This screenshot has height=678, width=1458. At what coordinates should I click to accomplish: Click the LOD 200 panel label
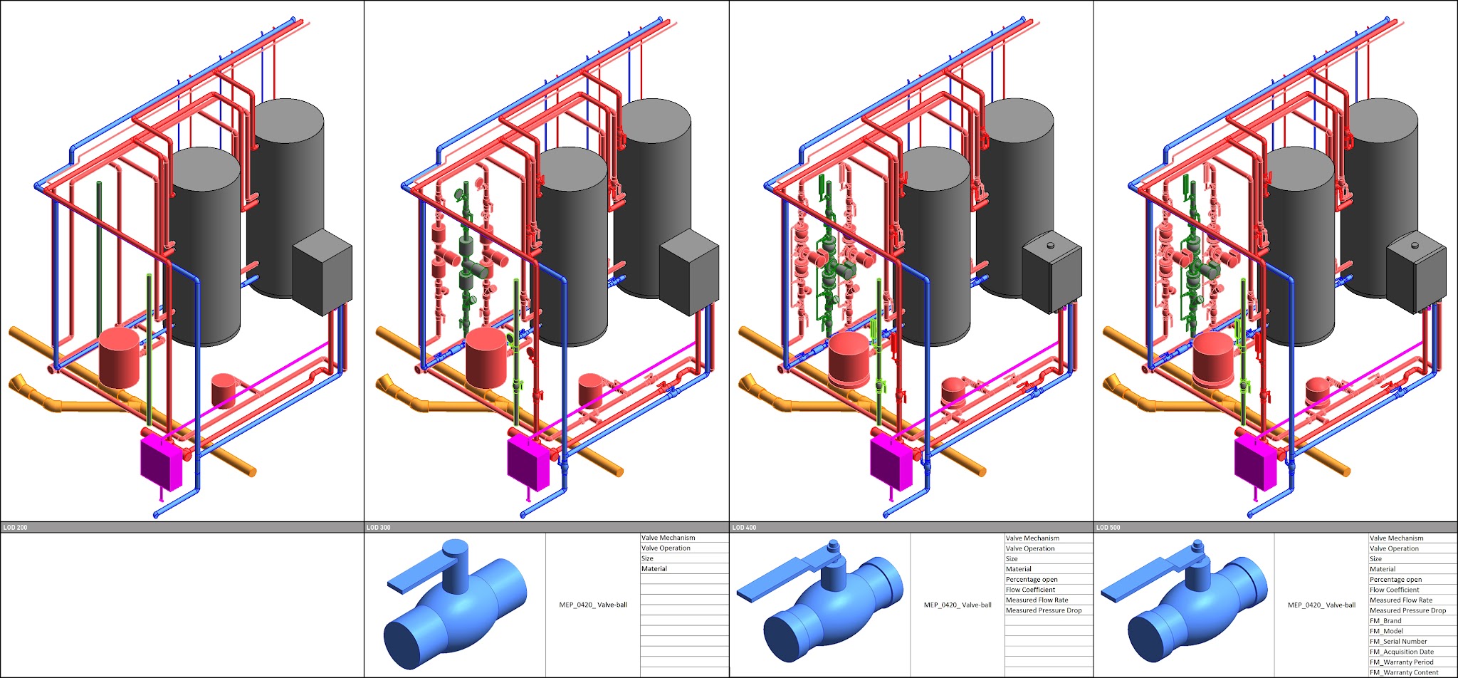click(x=15, y=528)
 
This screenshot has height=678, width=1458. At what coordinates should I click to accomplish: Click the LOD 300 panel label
click(x=378, y=528)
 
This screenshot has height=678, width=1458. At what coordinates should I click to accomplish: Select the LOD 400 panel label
click(x=744, y=528)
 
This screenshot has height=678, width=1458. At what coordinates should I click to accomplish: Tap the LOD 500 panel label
click(x=1108, y=528)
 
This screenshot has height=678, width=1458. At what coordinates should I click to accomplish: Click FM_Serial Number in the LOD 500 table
click(x=1398, y=642)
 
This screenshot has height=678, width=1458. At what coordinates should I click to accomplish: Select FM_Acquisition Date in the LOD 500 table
click(x=1402, y=652)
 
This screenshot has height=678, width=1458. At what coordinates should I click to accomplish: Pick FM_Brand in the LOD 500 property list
click(x=1385, y=621)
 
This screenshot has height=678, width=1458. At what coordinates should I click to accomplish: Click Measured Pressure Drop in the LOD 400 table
click(x=1044, y=610)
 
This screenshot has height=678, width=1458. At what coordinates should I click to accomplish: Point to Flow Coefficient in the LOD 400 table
click(x=1030, y=590)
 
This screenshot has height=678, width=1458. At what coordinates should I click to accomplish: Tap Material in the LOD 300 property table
click(x=654, y=569)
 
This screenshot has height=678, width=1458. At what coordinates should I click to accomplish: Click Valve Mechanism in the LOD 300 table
click(x=668, y=538)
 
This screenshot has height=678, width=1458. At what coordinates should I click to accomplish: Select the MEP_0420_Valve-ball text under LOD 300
click(x=593, y=605)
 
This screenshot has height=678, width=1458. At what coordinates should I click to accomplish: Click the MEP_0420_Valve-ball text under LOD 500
click(x=1321, y=605)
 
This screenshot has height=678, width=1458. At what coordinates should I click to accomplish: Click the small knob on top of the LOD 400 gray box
click(x=1049, y=246)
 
